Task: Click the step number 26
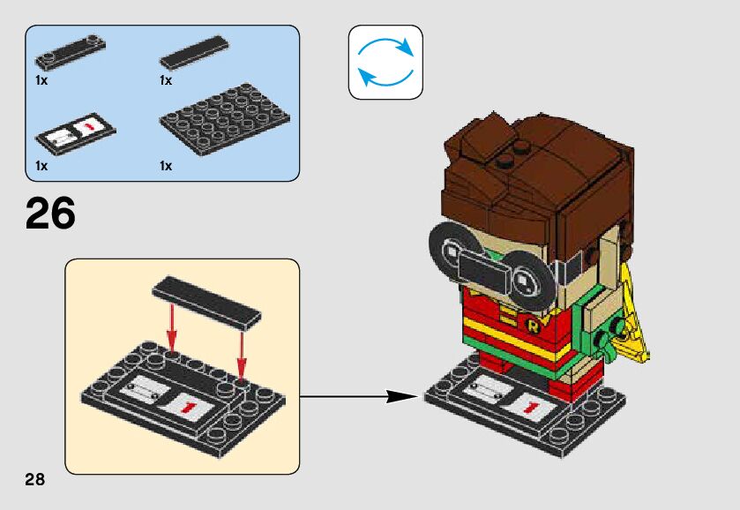(x=51, y=214)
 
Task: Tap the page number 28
(x=35, y=480)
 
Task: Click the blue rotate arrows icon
(x=385, y=62)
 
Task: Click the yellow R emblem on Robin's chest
(x=533, y=326)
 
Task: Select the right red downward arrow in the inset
(x=240, y=349)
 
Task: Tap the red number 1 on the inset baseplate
(x=189, y=405)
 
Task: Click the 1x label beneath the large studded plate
(x=166, y=166)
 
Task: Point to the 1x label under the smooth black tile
(x=166, y=80)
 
